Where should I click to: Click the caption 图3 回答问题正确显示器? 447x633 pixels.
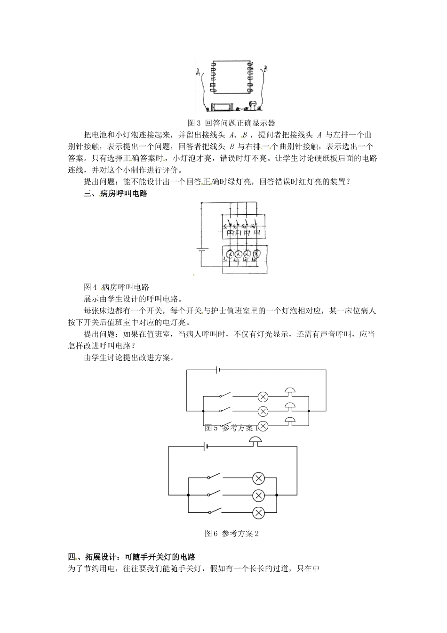pos(231,123)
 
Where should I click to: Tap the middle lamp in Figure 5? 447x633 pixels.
pos(263,411)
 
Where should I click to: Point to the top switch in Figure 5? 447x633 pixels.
pos(224,396)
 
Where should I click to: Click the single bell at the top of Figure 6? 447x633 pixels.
pos(256,441)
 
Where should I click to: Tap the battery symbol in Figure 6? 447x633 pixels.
pos(205,446)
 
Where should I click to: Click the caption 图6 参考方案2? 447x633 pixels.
pos(232,534)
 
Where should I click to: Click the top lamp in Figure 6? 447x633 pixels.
pos(258,478)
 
